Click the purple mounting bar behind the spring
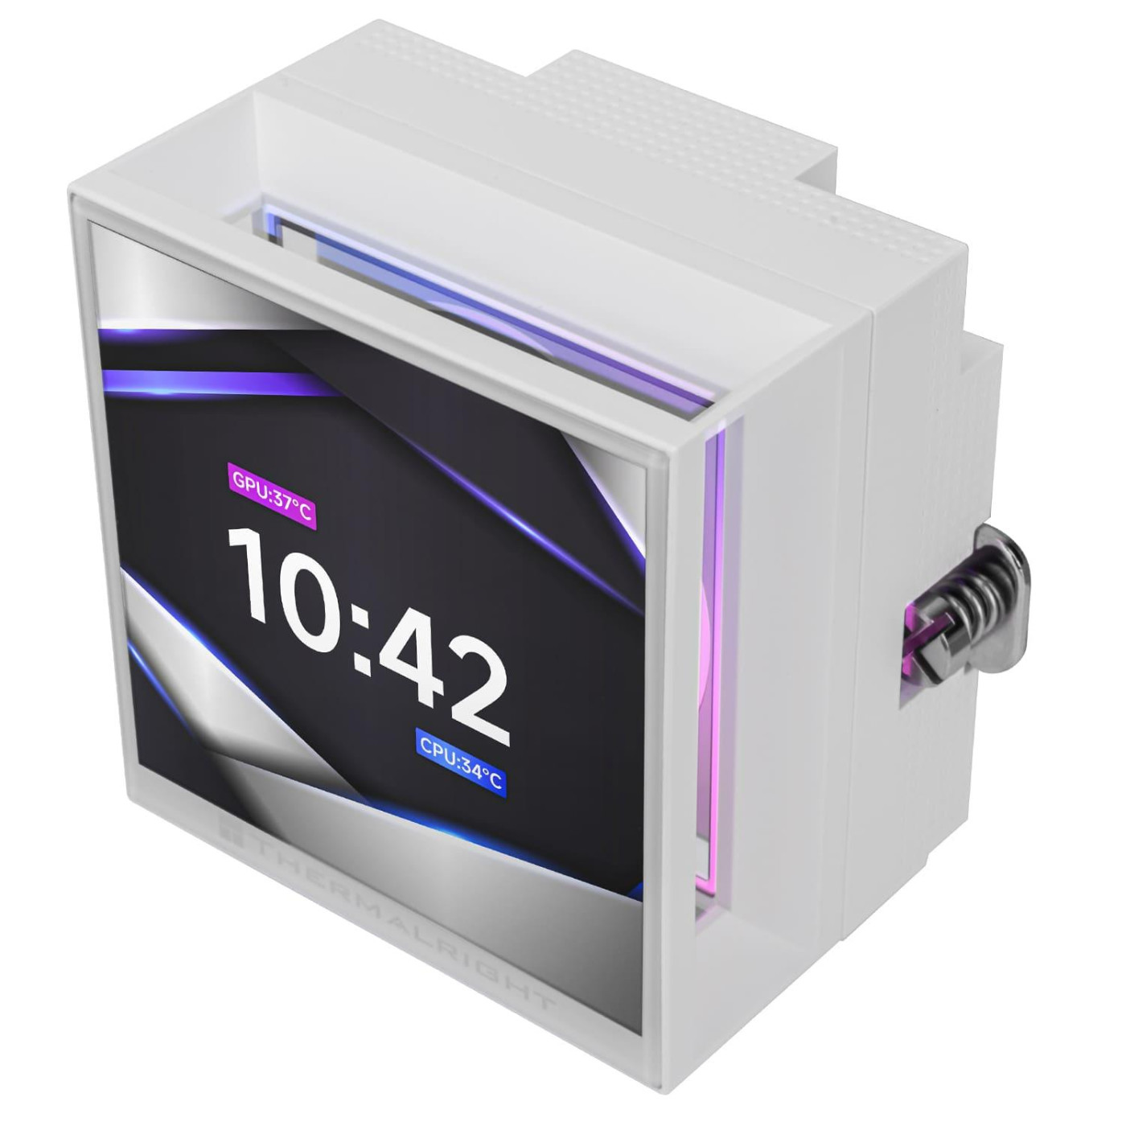(x=917, y=635)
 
